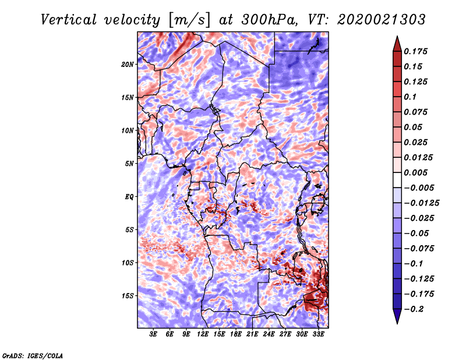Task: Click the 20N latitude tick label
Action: point(128,65)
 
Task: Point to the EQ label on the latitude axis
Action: point(129,197)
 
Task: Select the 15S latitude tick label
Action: point(128,296)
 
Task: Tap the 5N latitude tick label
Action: point(129,164)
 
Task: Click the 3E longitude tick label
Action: point(153,334)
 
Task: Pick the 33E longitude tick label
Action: point(318,334)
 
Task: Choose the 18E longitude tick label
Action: point(236,334)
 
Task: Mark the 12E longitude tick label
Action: point(203,334)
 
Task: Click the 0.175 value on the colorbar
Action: point(415,51)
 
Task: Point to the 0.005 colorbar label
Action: point(415,172)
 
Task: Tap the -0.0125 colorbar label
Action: point(421,203)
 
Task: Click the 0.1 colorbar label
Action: point(410,97)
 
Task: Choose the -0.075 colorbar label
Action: point(419,249)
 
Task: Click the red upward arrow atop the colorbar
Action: point(397,44)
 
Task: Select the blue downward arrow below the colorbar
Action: point(397,316)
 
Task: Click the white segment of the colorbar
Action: point(397,180)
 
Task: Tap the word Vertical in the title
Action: point(69,20)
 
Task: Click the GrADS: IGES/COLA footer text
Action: point(33,356)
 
